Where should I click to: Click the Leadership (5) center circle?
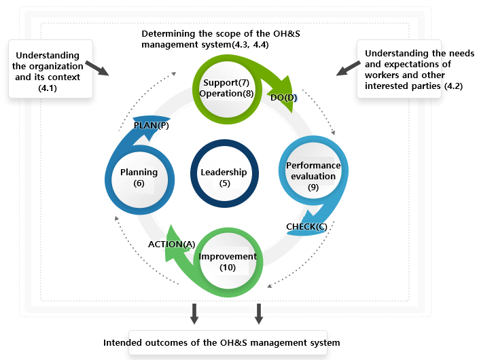pos(224,177)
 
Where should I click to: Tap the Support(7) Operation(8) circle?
pos(224,88)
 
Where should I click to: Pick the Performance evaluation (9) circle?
pos(313,176)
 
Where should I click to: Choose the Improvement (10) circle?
pos(228,262)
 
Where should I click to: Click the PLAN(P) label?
pos(151,126)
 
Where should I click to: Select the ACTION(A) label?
pos(171,243)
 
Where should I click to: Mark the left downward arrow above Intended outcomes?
pos(194,313)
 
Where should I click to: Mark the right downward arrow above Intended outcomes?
pos(259,313)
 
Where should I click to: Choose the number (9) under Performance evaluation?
pos(313,187)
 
